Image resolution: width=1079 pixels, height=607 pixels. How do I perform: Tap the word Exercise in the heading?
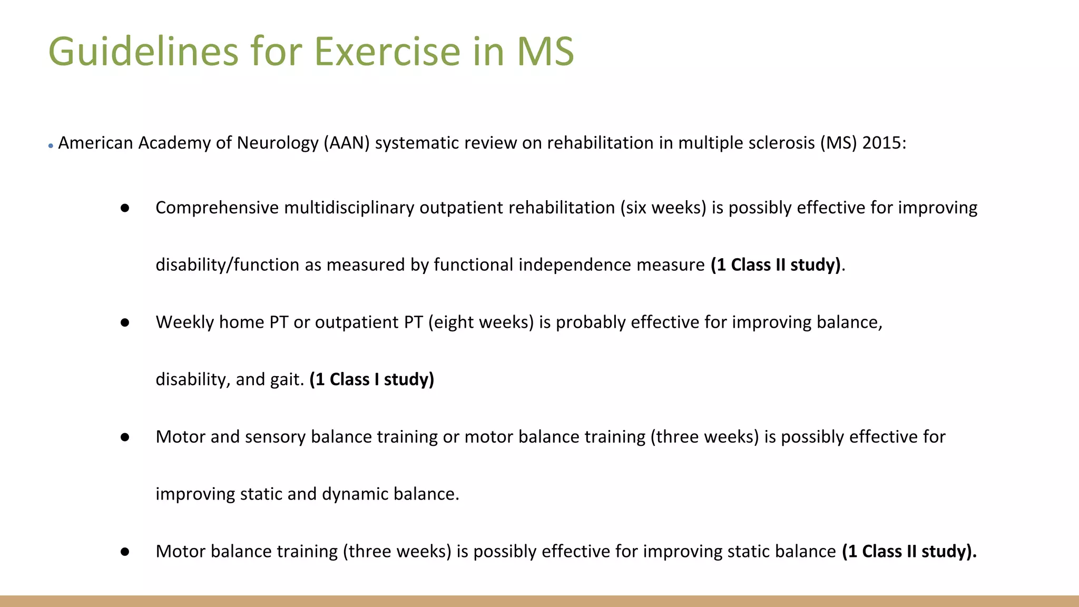[x=387, y=52]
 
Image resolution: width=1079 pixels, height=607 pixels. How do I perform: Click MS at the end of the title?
[x=545, y=52]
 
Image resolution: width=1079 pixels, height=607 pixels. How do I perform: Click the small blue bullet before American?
[x=51, y=146]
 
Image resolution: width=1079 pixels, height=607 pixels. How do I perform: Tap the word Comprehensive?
[x=217, y=208]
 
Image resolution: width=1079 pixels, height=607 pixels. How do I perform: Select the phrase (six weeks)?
[x=663, y=208]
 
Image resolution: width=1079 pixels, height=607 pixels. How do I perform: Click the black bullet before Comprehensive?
[x=125, y=208]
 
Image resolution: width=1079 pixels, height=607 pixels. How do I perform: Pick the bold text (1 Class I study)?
[x=371, y=379]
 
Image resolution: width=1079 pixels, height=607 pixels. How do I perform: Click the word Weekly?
[x=184, y=322]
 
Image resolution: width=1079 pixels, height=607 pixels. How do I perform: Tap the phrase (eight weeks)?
[x=480, y=322]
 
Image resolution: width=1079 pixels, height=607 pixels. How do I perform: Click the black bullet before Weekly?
[x=125, y=322]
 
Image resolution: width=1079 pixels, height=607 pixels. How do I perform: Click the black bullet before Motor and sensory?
[x=125, y=437]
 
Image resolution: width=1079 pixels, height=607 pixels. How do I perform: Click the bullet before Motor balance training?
[x=125, y=552]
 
